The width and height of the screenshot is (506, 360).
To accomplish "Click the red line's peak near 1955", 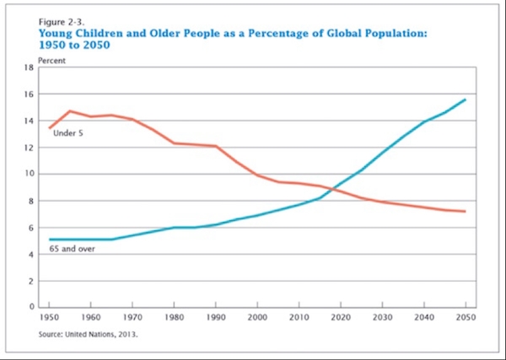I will (x=71, y=110).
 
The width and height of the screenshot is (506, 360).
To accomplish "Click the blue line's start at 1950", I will (x=51, y=239).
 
